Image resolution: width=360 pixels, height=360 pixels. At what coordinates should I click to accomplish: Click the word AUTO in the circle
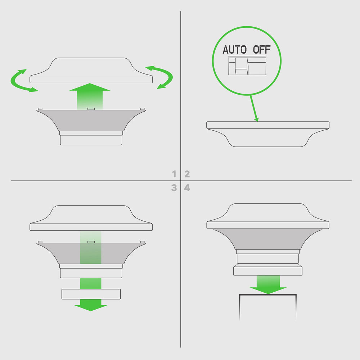[x=235, y=50]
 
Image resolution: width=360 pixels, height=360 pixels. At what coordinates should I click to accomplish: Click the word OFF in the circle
[x=262, y=50]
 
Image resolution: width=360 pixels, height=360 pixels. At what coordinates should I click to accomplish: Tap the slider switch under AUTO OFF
[x=247, y=66]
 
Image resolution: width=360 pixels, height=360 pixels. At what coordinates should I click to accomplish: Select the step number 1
[x=174, y=174]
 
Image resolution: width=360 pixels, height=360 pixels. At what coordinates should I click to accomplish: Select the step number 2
[x=187, y=174]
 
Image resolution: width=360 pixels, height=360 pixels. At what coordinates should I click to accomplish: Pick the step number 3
[x=174, y=188]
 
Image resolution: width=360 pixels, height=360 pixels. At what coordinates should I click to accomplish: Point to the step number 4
[x=187, y=188]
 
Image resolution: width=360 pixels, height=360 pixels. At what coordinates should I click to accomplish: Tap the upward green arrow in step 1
[x=90, y=96]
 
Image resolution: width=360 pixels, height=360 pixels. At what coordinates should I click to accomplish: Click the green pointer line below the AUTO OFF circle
[x=254, y=108]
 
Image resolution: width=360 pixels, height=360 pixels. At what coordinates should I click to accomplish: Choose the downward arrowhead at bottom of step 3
[x=91, y=307]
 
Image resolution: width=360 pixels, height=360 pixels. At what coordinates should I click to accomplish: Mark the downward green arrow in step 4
[x=268, y=285]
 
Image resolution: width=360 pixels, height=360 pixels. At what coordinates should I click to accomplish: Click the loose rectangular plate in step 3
[x=91, y=294]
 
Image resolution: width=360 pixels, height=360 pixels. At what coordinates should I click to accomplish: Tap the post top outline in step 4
[x=268, y=295]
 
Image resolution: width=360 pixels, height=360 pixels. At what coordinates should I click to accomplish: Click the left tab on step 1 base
[x=40, y=109]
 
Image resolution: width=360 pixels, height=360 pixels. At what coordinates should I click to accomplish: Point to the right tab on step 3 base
[x=142, y=242]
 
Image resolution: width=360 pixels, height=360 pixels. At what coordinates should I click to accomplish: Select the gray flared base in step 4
[x=268, y=239]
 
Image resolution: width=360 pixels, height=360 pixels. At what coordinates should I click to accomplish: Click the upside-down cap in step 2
[x=268, y=134]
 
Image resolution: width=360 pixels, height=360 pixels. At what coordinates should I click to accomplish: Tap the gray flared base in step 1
[x=91, y=120]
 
